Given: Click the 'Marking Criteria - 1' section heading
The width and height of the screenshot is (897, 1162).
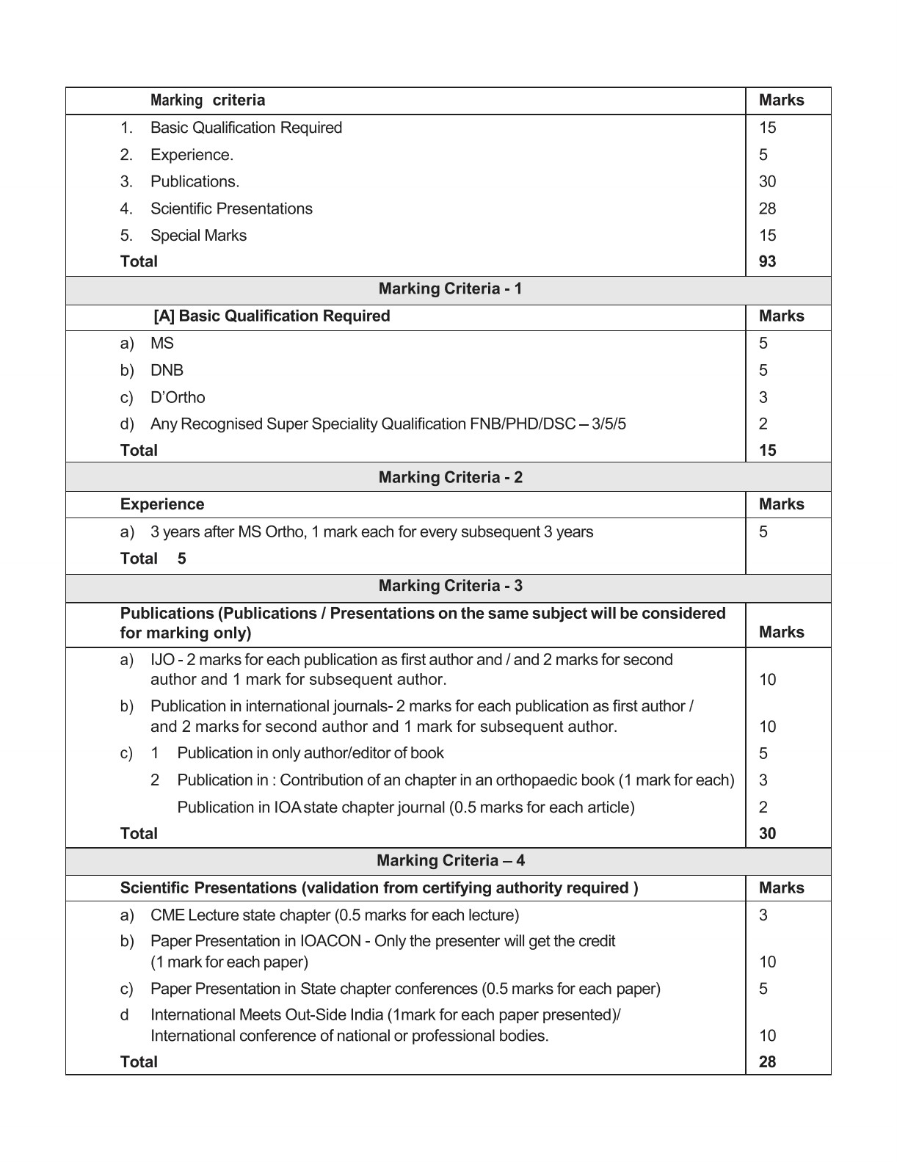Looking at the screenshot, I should pyautogui.click(x=450, y=288).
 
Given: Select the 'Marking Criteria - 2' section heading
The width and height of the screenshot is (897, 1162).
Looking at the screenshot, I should pyautogui.click(x=450, y=477).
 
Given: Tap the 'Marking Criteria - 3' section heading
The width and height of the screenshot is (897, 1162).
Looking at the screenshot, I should pyautogui.click(x=450, y=586).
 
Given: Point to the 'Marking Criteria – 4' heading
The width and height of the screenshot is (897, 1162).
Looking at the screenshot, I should pyautogui.click(x=450, y=860).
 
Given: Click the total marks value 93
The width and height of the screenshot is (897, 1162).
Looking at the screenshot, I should pyautogui.click(x=767, y=261).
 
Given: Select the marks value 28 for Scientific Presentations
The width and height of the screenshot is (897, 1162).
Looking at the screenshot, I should pyautogui.click(x=767, y=208).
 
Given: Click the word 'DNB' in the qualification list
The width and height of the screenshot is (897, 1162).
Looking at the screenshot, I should pyautogui.click(x=167, y=370).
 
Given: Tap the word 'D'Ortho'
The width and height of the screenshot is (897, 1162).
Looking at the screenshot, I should pyautogui.click(x=178, y=397).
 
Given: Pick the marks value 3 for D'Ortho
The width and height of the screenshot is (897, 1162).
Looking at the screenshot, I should pyautogui.click(x=763, y=397).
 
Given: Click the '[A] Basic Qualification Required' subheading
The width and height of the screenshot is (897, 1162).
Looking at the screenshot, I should pyautogui.click(x=272, y=316).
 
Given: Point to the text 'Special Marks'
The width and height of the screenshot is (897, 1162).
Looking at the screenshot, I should pyautogui.click(x=198, y=236).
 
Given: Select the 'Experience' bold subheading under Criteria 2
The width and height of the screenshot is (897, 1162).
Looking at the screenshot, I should pyautogui.click(x=162, y=504).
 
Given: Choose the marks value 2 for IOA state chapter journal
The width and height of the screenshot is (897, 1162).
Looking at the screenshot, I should pyautogui.click(x=763, y=807).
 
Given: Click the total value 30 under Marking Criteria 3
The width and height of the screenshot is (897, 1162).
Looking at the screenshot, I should pyautogui.click(x=767, y=833).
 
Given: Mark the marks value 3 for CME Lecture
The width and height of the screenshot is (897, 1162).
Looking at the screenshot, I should pyautogui.click(x=763, y=915).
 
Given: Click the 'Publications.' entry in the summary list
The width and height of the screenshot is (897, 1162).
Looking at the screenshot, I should pyautogui.click(x=195, y=181).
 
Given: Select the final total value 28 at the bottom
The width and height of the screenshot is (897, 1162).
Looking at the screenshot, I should pyautogui.click(x=767, y=1061).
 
